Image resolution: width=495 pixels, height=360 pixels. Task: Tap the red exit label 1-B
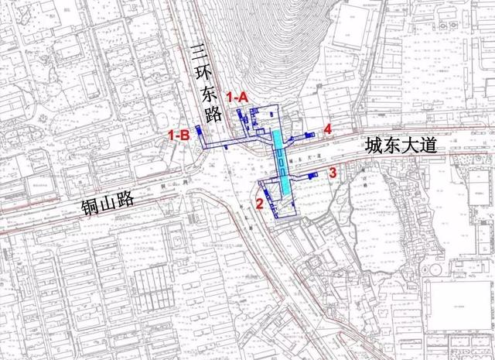(x=179, y=135)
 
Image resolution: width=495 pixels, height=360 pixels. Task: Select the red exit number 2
(x=260, y=204)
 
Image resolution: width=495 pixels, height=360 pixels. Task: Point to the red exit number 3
(x=333, y=173)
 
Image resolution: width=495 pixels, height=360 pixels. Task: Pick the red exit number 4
(x=328, y=129)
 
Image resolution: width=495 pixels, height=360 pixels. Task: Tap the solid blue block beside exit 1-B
(x=199, y=131)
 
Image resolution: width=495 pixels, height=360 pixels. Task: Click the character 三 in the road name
(x=200, y=56)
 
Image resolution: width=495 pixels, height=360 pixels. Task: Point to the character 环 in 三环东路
(x=204, y=75)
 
